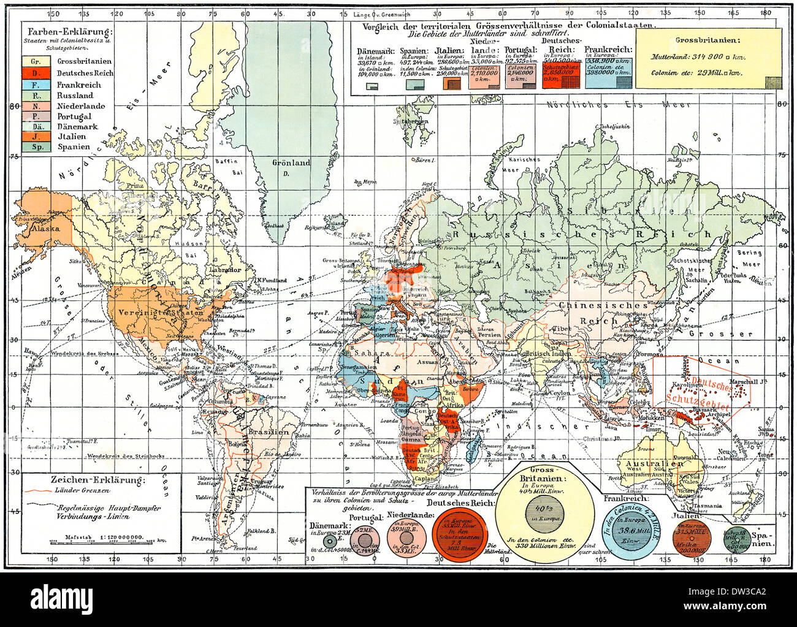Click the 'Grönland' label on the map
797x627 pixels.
pyautogui.click(x=291, y=163)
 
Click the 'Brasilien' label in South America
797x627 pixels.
pyautogui.click(x=269, y=431)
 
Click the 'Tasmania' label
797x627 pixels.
pyautogui.click(x=708, y=506)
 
